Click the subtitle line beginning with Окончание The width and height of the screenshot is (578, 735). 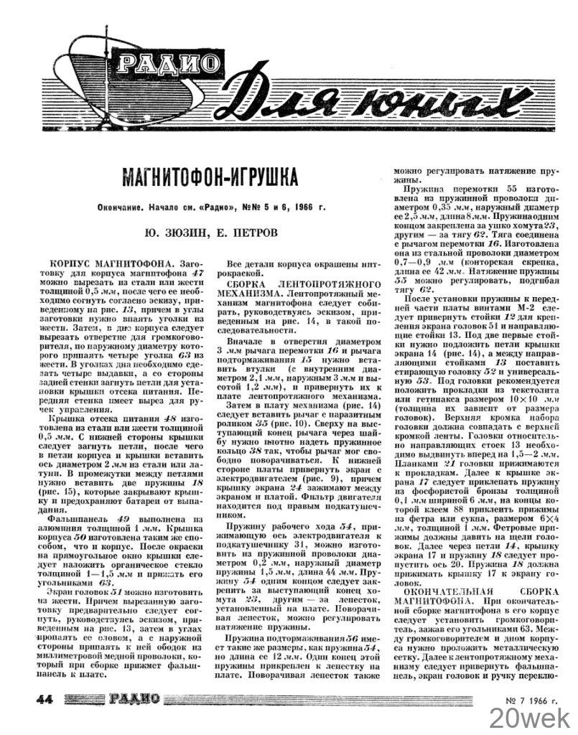click(210, 207)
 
